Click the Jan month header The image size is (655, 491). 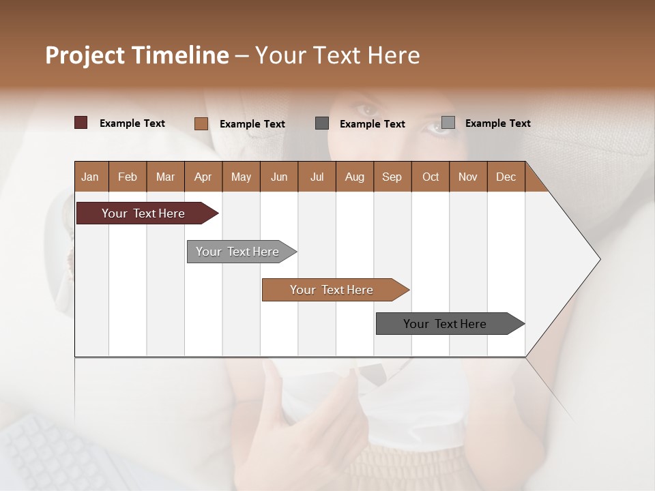91,177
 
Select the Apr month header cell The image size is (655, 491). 203,177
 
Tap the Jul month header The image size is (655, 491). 317,177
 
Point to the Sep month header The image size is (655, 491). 392,177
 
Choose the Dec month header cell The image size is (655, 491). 506,177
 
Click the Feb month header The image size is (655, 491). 128,177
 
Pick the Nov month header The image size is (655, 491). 468,177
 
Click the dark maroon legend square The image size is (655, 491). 81,123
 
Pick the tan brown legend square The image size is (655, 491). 201,123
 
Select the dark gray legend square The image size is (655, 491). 322,123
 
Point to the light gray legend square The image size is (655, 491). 448,123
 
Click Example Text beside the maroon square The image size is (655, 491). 132,123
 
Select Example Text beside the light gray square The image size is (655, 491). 498,123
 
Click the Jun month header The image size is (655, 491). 279,177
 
